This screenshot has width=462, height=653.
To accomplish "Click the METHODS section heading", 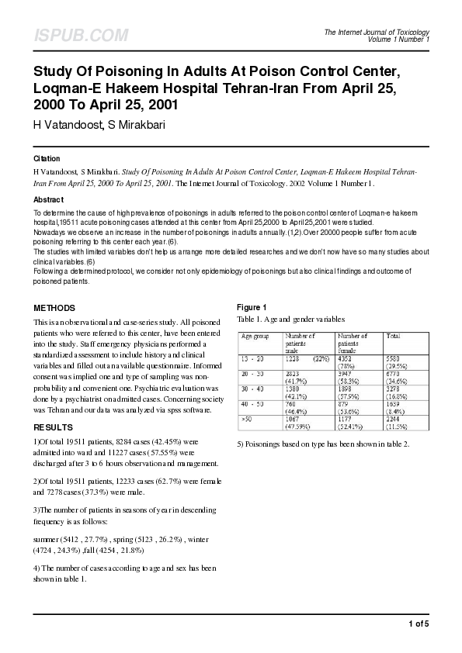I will click(54, 308).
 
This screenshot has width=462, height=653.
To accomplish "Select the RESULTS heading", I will click(53, 428).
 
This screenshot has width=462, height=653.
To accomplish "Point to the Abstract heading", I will click(48, 199).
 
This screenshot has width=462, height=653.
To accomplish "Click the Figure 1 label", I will click(252, 308).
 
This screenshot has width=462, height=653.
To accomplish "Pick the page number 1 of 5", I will click(418, 624).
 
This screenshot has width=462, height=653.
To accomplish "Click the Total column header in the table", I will click(393, 337).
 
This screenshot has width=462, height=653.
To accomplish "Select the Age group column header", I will click(256, 337).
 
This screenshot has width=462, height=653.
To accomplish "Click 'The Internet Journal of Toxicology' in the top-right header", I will click(377, 32).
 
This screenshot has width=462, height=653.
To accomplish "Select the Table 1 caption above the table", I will click(290, 319).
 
